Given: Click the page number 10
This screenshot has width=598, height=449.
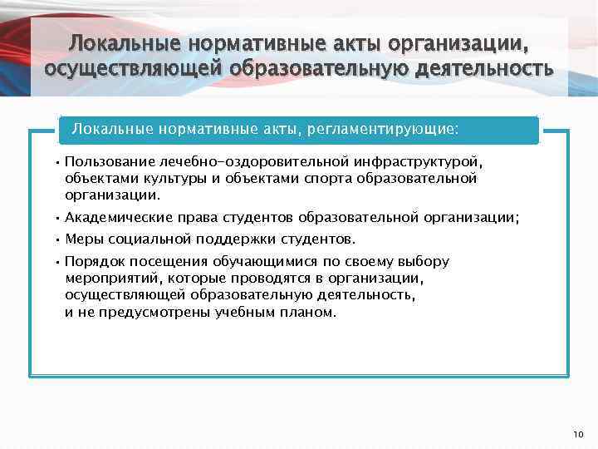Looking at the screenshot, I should [x=579, y=434].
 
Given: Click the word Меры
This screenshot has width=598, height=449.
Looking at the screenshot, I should [x=83, y=239].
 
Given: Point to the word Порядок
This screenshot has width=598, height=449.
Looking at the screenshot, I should [x=93, y=261].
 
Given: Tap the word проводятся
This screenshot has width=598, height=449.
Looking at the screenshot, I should [x=273, y=278].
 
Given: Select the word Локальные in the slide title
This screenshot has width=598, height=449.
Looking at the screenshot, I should [x=125, y=42].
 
